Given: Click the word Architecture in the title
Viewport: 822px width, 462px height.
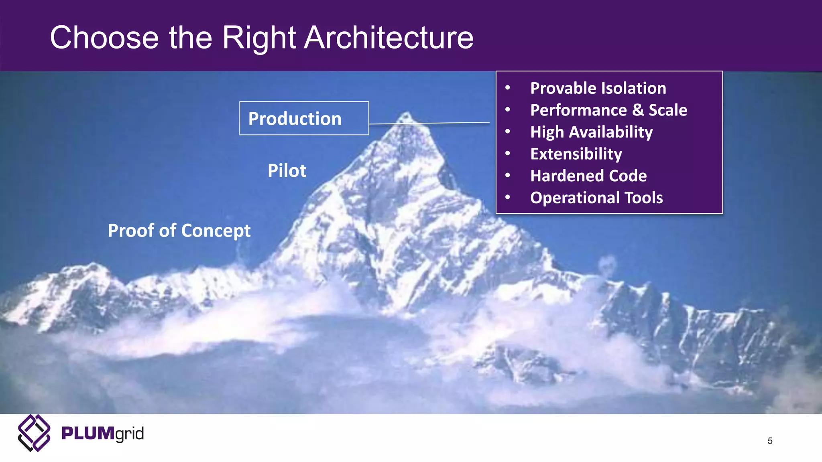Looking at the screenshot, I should [389, 38].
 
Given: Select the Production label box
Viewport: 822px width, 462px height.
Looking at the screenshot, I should [304, 118].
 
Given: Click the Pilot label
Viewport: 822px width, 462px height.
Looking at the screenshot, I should [287, 171].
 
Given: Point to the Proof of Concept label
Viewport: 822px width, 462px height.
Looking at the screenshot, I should [179, 231].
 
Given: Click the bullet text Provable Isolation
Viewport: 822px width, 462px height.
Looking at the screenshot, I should [598, 88].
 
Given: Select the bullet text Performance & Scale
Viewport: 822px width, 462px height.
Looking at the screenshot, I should [608, 110].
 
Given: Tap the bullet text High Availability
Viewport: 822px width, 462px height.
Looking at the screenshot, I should [591, 132].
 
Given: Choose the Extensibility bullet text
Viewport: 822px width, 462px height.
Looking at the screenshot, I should [576, 154].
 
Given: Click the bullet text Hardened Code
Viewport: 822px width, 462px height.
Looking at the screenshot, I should [588, 176].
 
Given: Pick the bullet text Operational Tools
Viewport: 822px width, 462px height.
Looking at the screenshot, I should [596, 198].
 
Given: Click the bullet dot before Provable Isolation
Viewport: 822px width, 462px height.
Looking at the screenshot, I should [508, 88].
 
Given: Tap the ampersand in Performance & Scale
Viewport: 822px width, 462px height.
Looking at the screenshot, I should [638, 110].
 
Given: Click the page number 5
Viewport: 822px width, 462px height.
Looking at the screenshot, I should [770, 441].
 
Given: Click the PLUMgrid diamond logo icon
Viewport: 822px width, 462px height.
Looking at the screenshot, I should [34, 433].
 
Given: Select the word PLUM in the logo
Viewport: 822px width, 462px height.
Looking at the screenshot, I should [87, 434].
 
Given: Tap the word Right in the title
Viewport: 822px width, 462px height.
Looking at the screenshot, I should [259, 38].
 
